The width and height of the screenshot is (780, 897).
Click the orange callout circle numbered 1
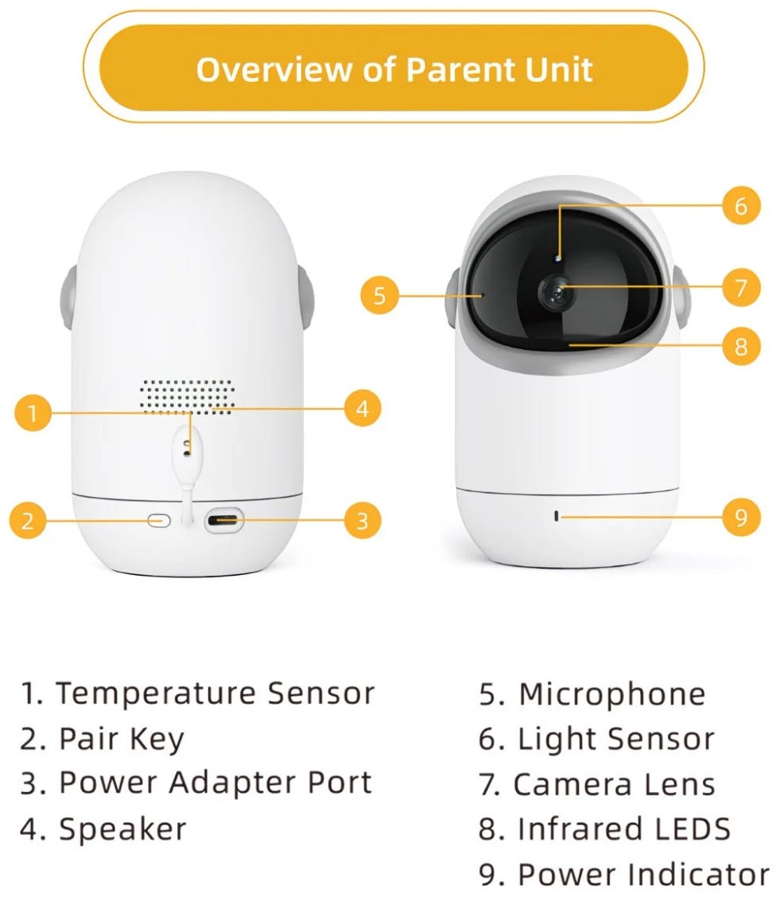pyautogui.click(x=33, y=412)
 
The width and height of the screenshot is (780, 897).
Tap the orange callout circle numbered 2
pyautogui.click(x=28, y=521)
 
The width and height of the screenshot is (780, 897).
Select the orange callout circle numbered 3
pyautogui.click(x=363, y=521)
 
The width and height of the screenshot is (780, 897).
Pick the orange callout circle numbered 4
pyautogui.click(x=363, y=409)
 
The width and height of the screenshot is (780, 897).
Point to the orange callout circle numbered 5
pyautogui.click(x=380, y=295)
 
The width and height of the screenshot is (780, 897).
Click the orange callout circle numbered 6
pyautogui.click(x=741, y=205)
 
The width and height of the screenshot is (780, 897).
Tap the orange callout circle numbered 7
pyautogui.click(x=741, y=287)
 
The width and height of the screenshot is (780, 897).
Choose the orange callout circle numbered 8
pyautogui.click(x=741, y=346)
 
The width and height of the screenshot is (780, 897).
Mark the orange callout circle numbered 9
pyautogui.click(x=741, y=517)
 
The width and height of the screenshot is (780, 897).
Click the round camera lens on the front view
pyautogui.click(x=555, y=293)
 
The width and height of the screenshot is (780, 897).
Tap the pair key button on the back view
pyautogui.click(x=159, y=521)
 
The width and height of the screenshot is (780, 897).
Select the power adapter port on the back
pyautogui.click(x=224, y=521)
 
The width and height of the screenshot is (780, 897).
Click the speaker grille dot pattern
pyautogui.click(x=187, y=396)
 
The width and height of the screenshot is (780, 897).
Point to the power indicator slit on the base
pyautogui.click(x=557, y=516)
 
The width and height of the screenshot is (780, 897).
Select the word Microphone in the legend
pyautogui.click(x=612, y=694)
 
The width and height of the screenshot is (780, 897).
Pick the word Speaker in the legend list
pyautogui.click(x=123, y=829)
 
